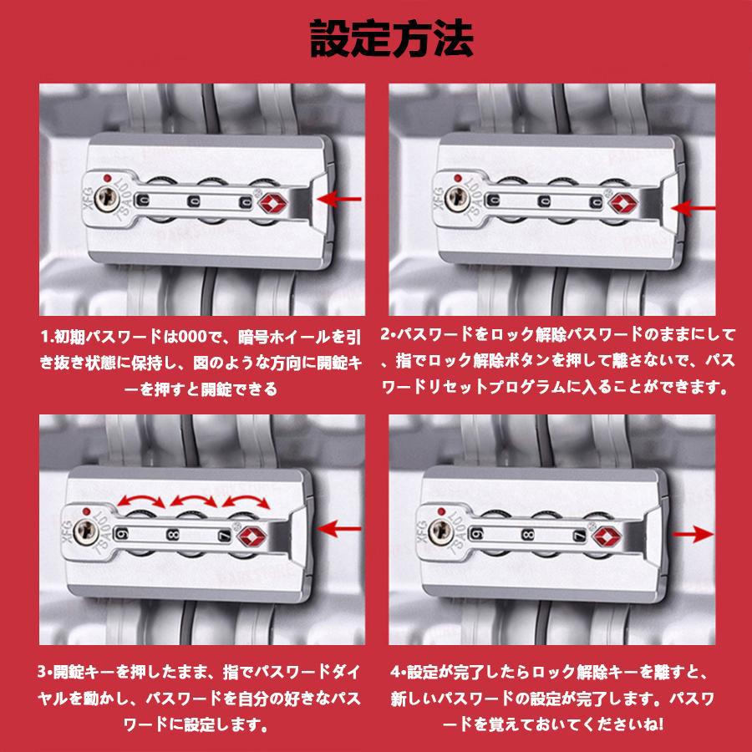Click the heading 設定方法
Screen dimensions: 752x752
[391, 38]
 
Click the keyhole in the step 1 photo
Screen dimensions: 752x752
[106, 198]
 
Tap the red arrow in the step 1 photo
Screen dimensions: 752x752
[338, 199]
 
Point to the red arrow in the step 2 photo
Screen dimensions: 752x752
[693, 209]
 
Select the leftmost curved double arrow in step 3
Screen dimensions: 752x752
[141, 499]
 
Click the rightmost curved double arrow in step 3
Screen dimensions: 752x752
[246, 499]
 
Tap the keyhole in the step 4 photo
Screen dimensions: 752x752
[440, 531]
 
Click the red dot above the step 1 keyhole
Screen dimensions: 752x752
[107, 178]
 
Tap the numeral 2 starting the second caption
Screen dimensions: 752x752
[384, 333]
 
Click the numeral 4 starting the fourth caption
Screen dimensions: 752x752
[395, 672]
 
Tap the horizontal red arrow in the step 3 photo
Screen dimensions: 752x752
[339, 530]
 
